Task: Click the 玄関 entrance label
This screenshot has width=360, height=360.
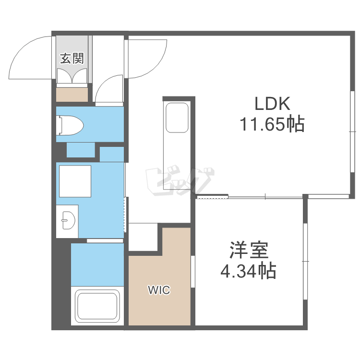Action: point(72,58)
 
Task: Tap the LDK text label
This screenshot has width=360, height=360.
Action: point(272,104)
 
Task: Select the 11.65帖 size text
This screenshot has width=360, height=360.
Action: point(272,124)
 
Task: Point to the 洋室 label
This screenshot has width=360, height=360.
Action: point(249,250)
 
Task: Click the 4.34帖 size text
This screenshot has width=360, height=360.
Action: point(248,271)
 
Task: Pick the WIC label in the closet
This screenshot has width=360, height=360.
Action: point(159,290)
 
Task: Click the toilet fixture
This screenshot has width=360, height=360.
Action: point(70,125)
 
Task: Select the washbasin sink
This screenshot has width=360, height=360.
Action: point(68,220)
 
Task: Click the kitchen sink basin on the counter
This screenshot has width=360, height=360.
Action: point(177,118)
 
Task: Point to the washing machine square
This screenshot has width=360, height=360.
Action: point(75,181)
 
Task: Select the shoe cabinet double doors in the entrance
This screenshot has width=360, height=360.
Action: point(72,76)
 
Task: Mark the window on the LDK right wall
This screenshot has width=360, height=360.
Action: point(352,132)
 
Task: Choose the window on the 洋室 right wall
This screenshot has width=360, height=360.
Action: point(305,261)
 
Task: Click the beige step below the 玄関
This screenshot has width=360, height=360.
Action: point(72,95)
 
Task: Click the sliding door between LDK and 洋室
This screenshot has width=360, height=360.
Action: point(249,197)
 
